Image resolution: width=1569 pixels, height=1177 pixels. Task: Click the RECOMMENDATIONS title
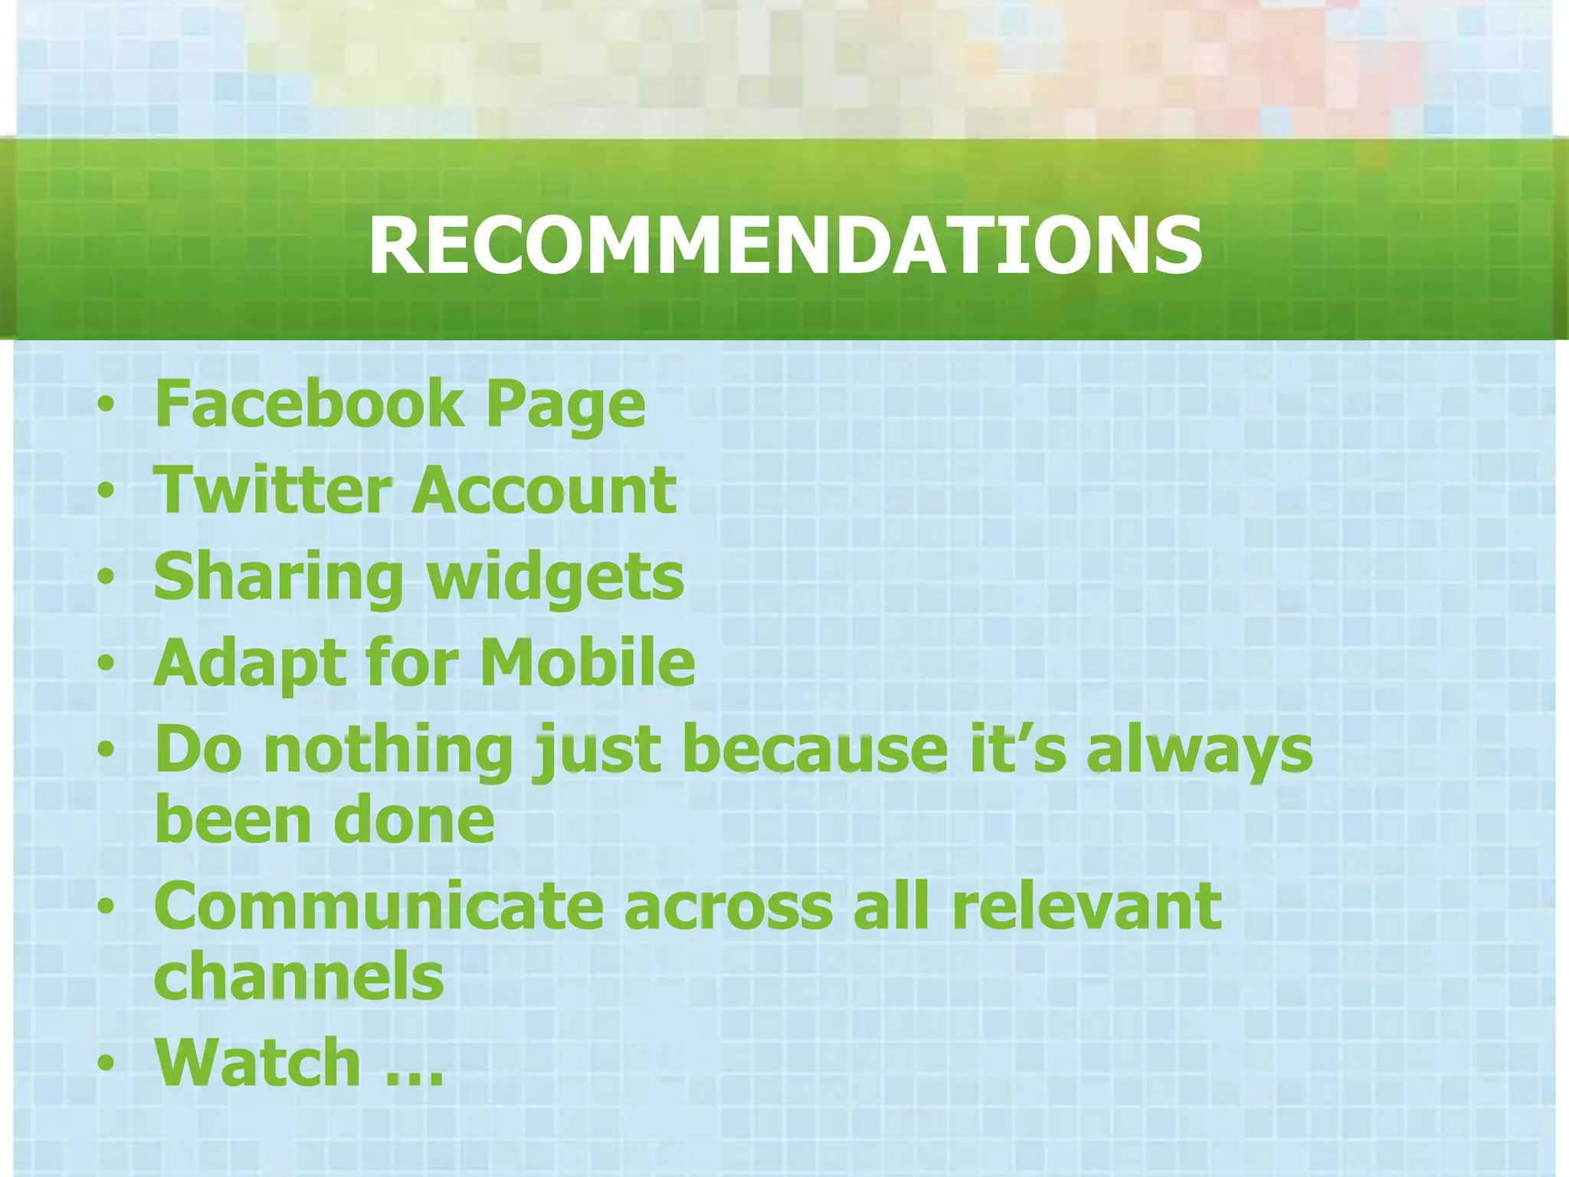pyautogui.click(x=784, y=245)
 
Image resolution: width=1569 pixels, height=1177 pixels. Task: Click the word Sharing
pyautogui.click(x=278, y=579)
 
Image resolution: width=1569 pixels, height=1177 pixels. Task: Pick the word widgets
pyautogui.click(x=555, y=579)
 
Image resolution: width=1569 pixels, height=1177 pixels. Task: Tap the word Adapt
pyautogui.click(x=247, y=664)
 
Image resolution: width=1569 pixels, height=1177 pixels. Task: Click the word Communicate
pyautogui.click(x=378, y=907)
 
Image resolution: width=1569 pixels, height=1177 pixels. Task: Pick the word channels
pyautogui.click(x=299, y=977)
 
